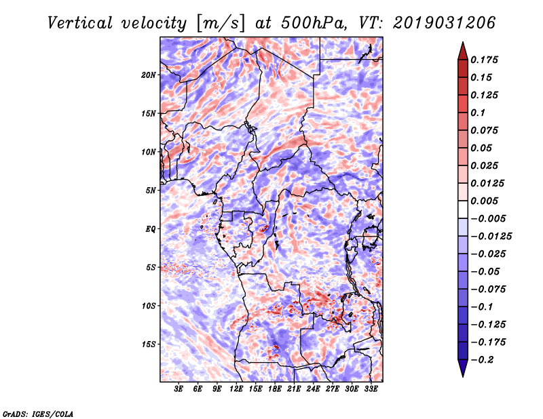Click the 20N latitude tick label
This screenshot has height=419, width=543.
click(149, 75)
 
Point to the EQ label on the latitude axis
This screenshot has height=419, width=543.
click(151, 229)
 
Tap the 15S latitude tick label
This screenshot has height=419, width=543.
click(149, 344)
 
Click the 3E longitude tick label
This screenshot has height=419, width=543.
click(179, 390)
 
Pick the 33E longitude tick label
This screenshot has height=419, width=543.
click(371, 390)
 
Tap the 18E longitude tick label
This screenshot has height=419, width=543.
click(275, 390)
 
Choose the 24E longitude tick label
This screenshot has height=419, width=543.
click(314, 390)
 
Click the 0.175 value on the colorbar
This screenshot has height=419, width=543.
click(485, 60)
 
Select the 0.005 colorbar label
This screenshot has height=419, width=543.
click(485, 201)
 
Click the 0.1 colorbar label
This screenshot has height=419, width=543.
click(478, 113)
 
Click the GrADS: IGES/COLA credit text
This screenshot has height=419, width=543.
click(38, 413)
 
